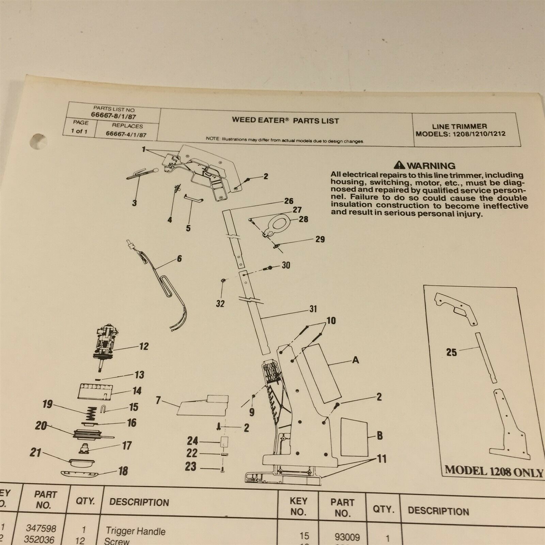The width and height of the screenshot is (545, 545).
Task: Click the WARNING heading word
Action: [x=431, y=166]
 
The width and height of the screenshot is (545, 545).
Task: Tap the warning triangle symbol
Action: [x=400, y=166]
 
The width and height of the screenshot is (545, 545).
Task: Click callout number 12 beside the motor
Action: [x=144, y=346]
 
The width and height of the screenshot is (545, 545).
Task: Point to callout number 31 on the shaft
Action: [x=313, y=309]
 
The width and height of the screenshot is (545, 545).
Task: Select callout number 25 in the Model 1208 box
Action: [x=451, y=352]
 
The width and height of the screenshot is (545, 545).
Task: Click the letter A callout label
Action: [x=356, y=360]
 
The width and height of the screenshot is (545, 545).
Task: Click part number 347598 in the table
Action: [x=41, y=528]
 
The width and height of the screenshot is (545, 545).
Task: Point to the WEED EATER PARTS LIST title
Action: [x=285, y=120]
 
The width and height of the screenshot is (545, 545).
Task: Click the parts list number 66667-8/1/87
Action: [x=114, y=116]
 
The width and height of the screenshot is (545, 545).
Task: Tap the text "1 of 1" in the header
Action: [x=79, y=131]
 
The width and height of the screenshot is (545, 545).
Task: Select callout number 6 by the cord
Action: [x=179, y=259]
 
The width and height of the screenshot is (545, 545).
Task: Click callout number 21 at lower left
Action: [x=35, y=453]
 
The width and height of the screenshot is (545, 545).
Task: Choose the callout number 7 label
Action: [x=158, y=401]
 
